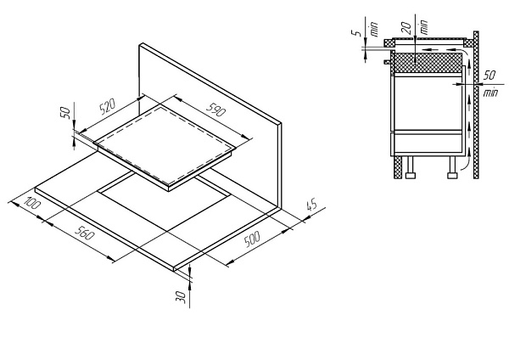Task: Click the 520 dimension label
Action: [x=108, y=107]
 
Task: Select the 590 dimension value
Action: [x=215, y=109]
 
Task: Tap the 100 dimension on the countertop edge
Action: [x=32, y=202]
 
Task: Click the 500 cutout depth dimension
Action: [x=252, y=239]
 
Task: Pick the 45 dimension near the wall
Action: [x=311, y=205]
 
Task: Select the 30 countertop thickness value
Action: [x=182, y=297]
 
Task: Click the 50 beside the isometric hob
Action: [x=65, y=112]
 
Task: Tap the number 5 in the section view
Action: [x=357, y=32]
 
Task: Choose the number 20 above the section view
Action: [x=406, y=28]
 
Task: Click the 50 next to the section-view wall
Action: [x=489, y=76]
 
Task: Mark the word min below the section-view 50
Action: [x=490, y=93]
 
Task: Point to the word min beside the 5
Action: [x=374, y=29]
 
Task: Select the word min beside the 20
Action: [x=423, y=27]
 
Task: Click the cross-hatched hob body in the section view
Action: [x=428, y=63]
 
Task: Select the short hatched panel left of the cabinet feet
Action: [x=398, y=167]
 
